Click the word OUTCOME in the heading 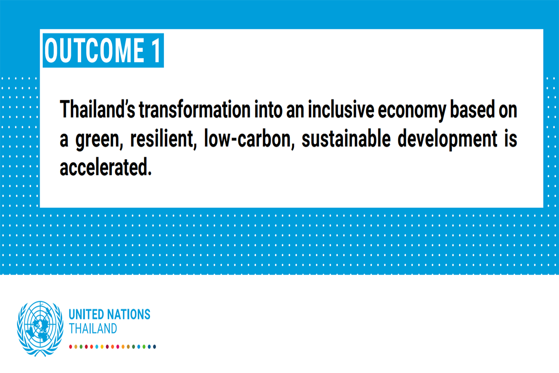point(94,50)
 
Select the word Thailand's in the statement point(97,109)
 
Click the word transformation point(195,109)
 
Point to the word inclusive point(341,109)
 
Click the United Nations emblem point(40,329)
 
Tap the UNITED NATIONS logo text point(109,314)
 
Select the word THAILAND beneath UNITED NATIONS point(93,328)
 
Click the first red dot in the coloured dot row point(71,346)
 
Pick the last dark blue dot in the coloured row point(155,346)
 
